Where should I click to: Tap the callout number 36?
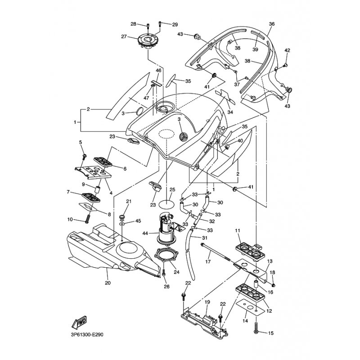271,23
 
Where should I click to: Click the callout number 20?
107,283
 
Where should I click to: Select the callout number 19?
207,302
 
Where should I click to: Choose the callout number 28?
133,24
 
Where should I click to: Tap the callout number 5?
81,142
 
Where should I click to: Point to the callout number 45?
138,221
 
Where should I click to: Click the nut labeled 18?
273,284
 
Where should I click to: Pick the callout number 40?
240,141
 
